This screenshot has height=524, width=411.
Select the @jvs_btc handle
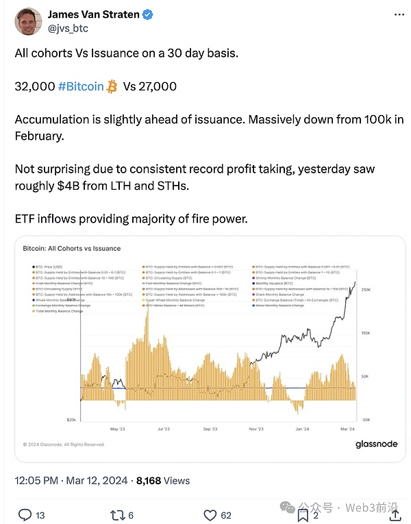(x=68, y=28)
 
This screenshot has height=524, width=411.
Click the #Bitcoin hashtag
(x=81, y=86)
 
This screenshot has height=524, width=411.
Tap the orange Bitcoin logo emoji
(x=112, y=86)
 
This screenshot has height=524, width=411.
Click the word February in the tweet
(x=38, y=136)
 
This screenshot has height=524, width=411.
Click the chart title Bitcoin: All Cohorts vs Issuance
(x=72, y=249)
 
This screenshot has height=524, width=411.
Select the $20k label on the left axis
(x=71, y=419)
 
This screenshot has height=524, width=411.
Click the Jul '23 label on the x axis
(x=163, y=429)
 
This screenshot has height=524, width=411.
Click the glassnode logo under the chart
(x=376, y=444)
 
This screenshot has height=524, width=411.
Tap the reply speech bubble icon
(x=25, y=515)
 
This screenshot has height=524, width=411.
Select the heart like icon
(x=210, y=515)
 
